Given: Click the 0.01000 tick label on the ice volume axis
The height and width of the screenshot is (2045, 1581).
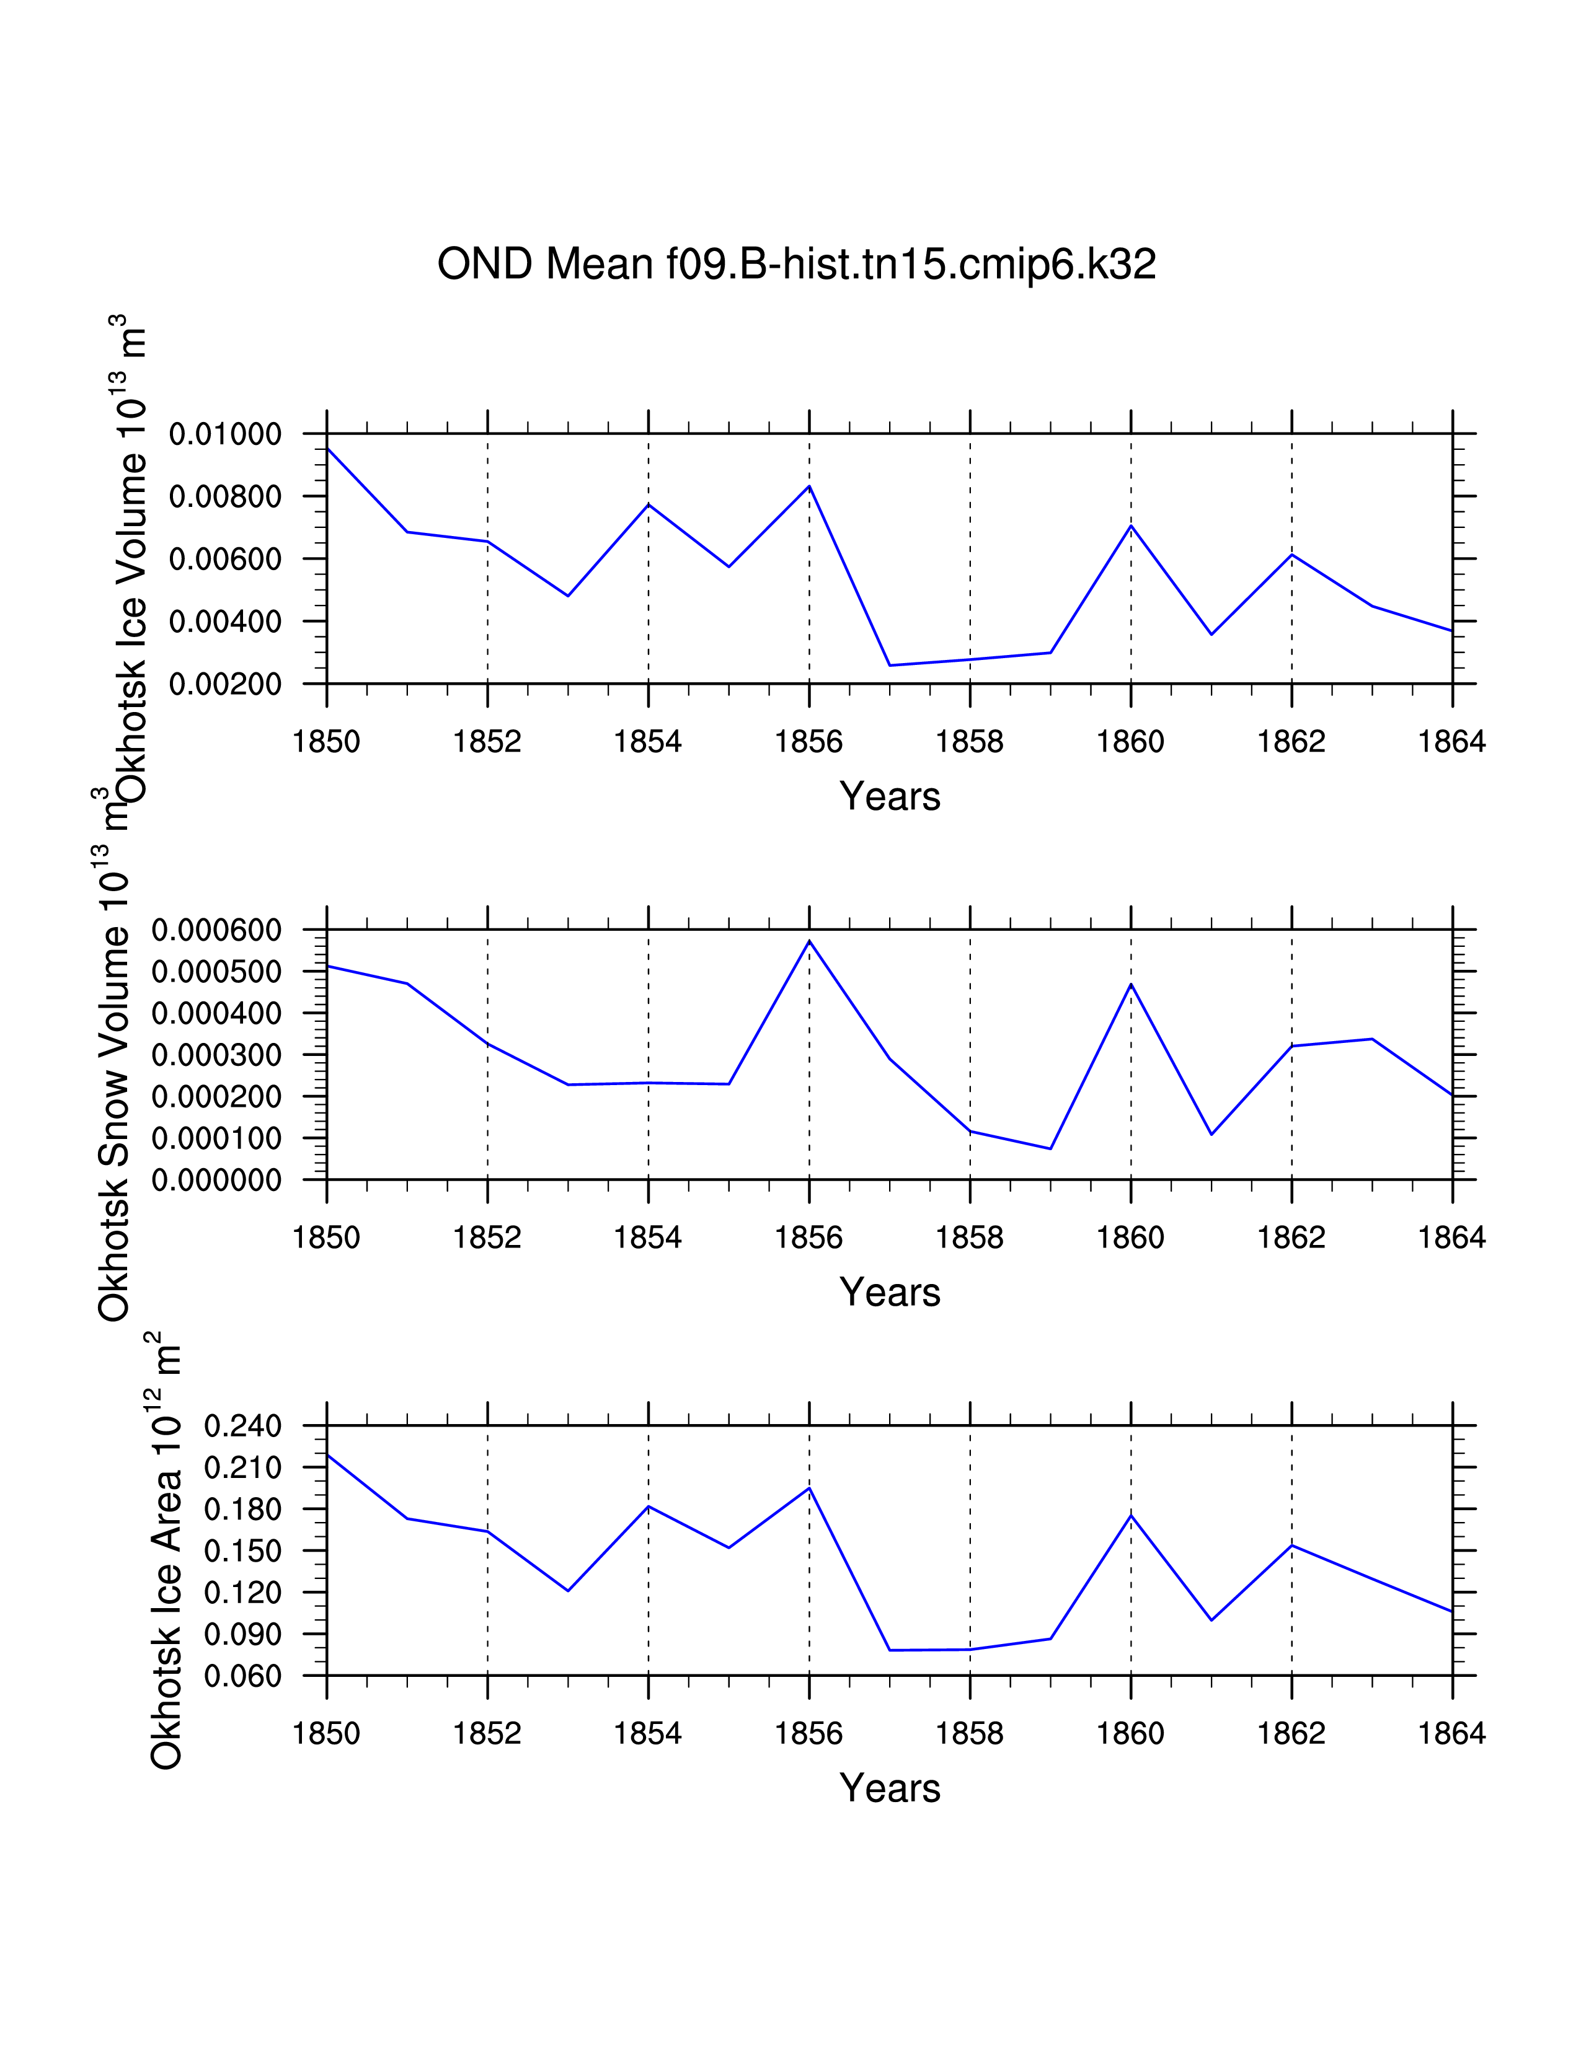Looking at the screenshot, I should pos(225,434).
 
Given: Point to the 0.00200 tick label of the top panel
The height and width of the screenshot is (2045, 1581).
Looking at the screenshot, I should pos(225,685).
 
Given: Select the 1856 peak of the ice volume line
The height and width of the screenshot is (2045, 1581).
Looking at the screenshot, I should pos(809,486).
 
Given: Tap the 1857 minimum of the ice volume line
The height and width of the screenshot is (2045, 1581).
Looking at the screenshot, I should pos(890,665).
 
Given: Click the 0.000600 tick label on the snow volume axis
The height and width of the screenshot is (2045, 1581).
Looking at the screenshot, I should pos(216,931).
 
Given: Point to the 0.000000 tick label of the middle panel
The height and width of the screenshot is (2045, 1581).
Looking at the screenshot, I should pos(216,1181).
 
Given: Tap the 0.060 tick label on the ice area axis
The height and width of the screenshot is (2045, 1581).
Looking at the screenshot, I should pos(242,1676).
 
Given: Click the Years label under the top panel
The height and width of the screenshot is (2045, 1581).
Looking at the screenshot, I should pos(890,797).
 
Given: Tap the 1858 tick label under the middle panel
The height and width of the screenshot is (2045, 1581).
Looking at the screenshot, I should pos(970,1238).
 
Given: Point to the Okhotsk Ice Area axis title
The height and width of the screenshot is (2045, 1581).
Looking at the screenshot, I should pos(166,1554).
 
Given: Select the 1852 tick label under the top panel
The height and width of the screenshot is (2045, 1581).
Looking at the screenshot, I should pos(487,742).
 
